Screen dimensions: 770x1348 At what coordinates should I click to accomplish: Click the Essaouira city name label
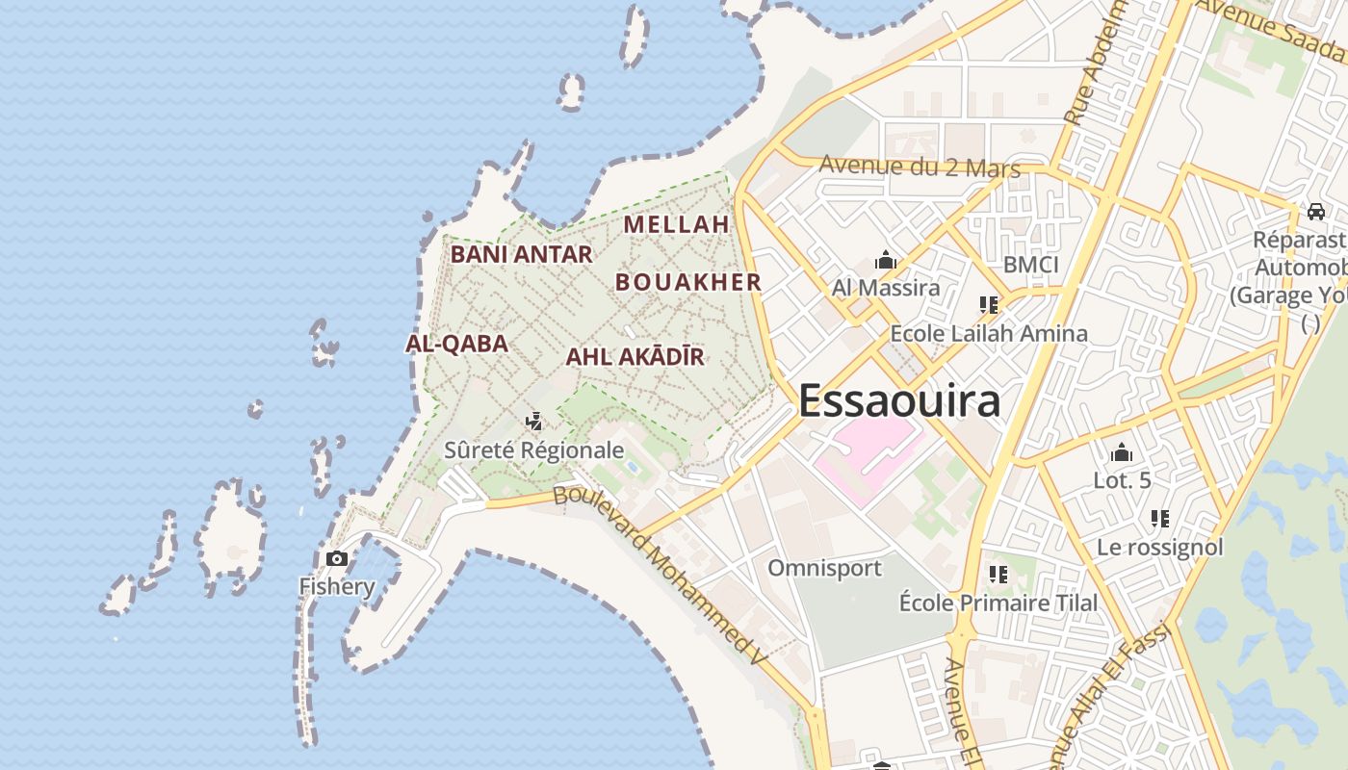click(x=899, y=401)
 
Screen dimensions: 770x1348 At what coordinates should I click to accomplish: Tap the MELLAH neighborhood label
click(x=677, y=224)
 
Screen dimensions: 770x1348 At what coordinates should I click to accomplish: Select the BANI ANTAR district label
click(x=521, y=254)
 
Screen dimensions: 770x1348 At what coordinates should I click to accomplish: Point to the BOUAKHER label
click(x=688, y=282)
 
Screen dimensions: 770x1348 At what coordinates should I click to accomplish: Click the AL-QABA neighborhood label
click(x=456, y=344)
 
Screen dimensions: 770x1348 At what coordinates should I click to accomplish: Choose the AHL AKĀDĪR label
click(x=635, y=357)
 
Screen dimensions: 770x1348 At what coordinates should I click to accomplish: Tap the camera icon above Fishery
click(x=336, y=558)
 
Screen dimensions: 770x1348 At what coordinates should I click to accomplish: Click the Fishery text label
click(x=336, y=586)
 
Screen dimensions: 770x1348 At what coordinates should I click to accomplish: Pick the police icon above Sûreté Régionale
click(x=533, y=422)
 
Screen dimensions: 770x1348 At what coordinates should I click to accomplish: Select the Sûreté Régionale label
click(x=533, y=449)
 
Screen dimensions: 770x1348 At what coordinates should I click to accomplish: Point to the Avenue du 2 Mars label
click(x=919, y=167)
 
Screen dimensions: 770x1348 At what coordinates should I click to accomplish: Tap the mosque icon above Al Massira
click(x=886, y=260)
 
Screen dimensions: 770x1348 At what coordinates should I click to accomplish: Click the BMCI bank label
click(x=1030, y=265)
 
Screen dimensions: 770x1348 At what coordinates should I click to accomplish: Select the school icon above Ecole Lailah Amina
click(x=988, y=305)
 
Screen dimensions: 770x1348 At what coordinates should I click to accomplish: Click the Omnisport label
click(x=824, y=568)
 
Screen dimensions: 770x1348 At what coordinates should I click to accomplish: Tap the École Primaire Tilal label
click(x=998, y=603)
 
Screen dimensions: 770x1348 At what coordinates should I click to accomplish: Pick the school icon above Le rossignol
click(x=1160, y=519)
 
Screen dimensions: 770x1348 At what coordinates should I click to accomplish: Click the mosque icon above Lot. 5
click(x=1122, y=452)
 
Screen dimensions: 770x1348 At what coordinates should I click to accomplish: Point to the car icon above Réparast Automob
click(x=1315, y=211)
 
